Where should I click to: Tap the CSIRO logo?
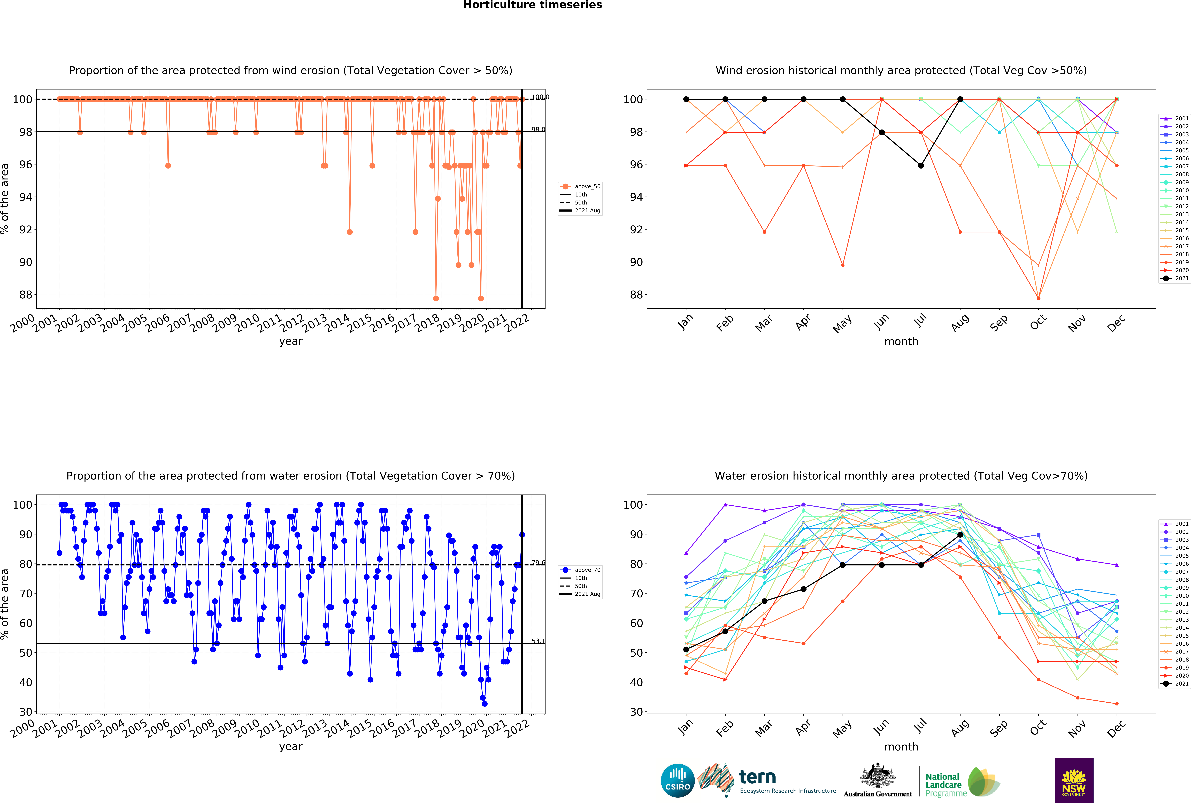click(x=678, y=781)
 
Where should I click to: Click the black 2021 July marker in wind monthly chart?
click(x=921, y=166)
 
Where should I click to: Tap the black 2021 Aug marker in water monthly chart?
click(x=960, y=535)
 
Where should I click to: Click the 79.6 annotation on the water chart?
click(x=538, y=563)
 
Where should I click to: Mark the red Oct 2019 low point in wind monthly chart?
click(x=1038, y=298)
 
